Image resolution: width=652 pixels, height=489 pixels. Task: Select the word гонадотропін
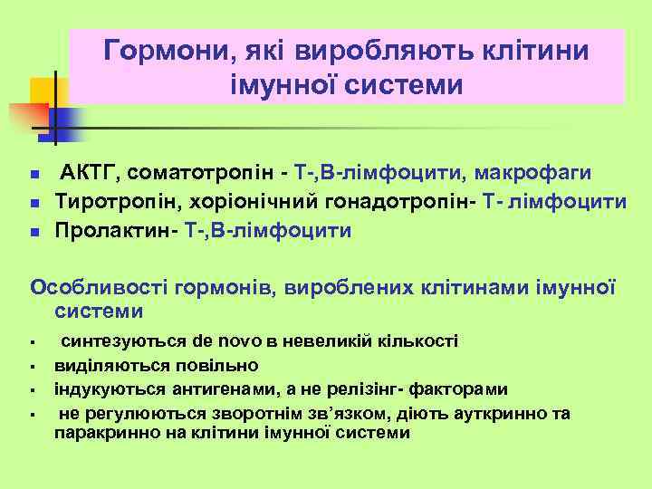tap(388, 202)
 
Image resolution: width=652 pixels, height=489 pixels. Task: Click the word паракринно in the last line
tap(101, 432)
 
